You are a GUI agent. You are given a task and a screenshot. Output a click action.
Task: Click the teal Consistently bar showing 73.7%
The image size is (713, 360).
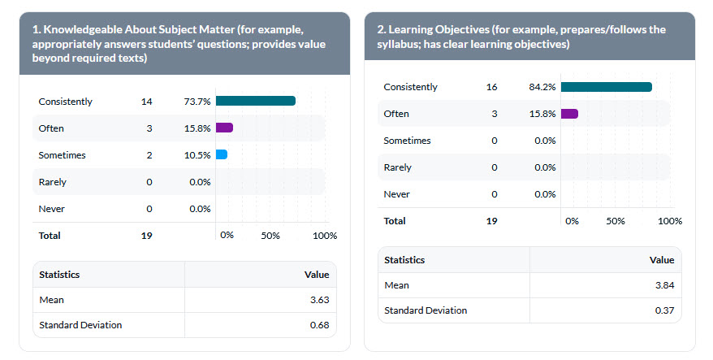tap(255, 101)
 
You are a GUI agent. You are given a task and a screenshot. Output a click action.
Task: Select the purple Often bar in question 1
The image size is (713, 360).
tap(224, 128)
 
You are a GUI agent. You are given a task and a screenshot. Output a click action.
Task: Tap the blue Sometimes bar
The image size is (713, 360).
tap(221, 154)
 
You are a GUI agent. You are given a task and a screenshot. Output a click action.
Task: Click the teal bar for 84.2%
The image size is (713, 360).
tap(606, 87)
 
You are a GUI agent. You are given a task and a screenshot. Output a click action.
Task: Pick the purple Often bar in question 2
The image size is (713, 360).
tap(568, 114)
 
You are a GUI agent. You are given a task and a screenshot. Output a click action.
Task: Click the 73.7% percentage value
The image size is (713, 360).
tap(197, 102)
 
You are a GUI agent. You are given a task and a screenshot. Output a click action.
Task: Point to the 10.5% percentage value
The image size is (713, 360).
tap(197, 155)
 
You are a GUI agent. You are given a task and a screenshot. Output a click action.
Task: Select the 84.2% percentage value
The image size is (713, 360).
tap(542, 87)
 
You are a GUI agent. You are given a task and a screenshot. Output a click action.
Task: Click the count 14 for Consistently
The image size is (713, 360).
tap(146, 102)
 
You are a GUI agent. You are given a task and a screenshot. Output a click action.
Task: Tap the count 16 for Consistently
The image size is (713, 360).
tap(491, 87)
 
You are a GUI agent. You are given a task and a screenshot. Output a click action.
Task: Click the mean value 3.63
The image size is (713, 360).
tap(319, 300)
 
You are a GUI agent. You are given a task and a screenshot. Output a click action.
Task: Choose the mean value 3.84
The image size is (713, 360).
tap(663, 285)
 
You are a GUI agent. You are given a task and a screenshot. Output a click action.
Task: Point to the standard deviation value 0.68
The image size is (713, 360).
tap(319, 325)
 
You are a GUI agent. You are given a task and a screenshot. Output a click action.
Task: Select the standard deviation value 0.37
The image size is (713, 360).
tap(663, 310)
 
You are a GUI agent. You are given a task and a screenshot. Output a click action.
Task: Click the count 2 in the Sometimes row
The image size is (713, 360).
tap(149, 155)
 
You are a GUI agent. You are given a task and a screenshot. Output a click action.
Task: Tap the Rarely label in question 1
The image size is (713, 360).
tap(52, 182)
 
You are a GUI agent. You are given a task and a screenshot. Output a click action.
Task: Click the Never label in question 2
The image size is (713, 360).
tap(396, 194)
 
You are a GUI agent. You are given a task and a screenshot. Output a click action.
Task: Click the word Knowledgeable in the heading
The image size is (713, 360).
tap(81, 30)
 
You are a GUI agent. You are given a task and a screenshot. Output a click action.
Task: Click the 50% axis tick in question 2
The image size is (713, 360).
tap(616, 221)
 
